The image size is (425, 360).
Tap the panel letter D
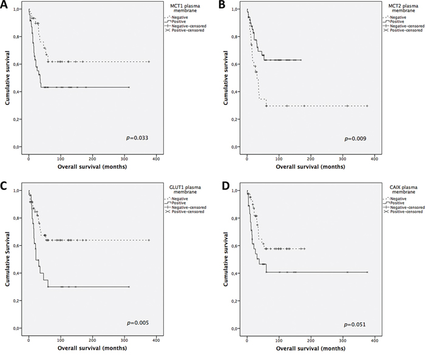point(222,186)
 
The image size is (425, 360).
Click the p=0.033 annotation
point(135,138)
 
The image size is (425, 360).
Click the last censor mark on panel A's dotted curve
point(149,62)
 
